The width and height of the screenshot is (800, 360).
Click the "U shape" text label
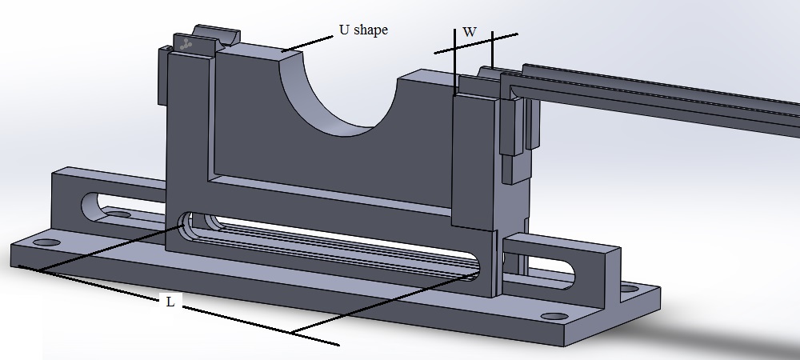click(x=363, y=30)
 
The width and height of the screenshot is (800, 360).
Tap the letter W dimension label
click(x=470, y=32)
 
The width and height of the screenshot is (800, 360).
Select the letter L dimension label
click(x=170, y=302)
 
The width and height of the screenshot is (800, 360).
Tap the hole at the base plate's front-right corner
click(x=554, y=317)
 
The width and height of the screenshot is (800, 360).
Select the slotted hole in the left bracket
click(x=122, y=208)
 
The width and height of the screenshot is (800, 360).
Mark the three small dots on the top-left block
click(x=186, y=44)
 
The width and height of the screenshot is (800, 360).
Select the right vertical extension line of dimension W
click(x=492, y=50)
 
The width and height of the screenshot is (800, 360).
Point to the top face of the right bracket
click(x=562, y=242)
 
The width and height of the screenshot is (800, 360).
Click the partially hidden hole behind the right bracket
click(x=630, y=289)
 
